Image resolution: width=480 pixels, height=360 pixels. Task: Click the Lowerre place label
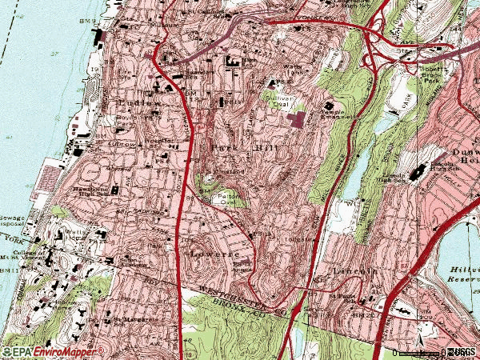tap(210, 252)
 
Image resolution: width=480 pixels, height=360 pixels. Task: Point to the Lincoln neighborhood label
tap(353, 271)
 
